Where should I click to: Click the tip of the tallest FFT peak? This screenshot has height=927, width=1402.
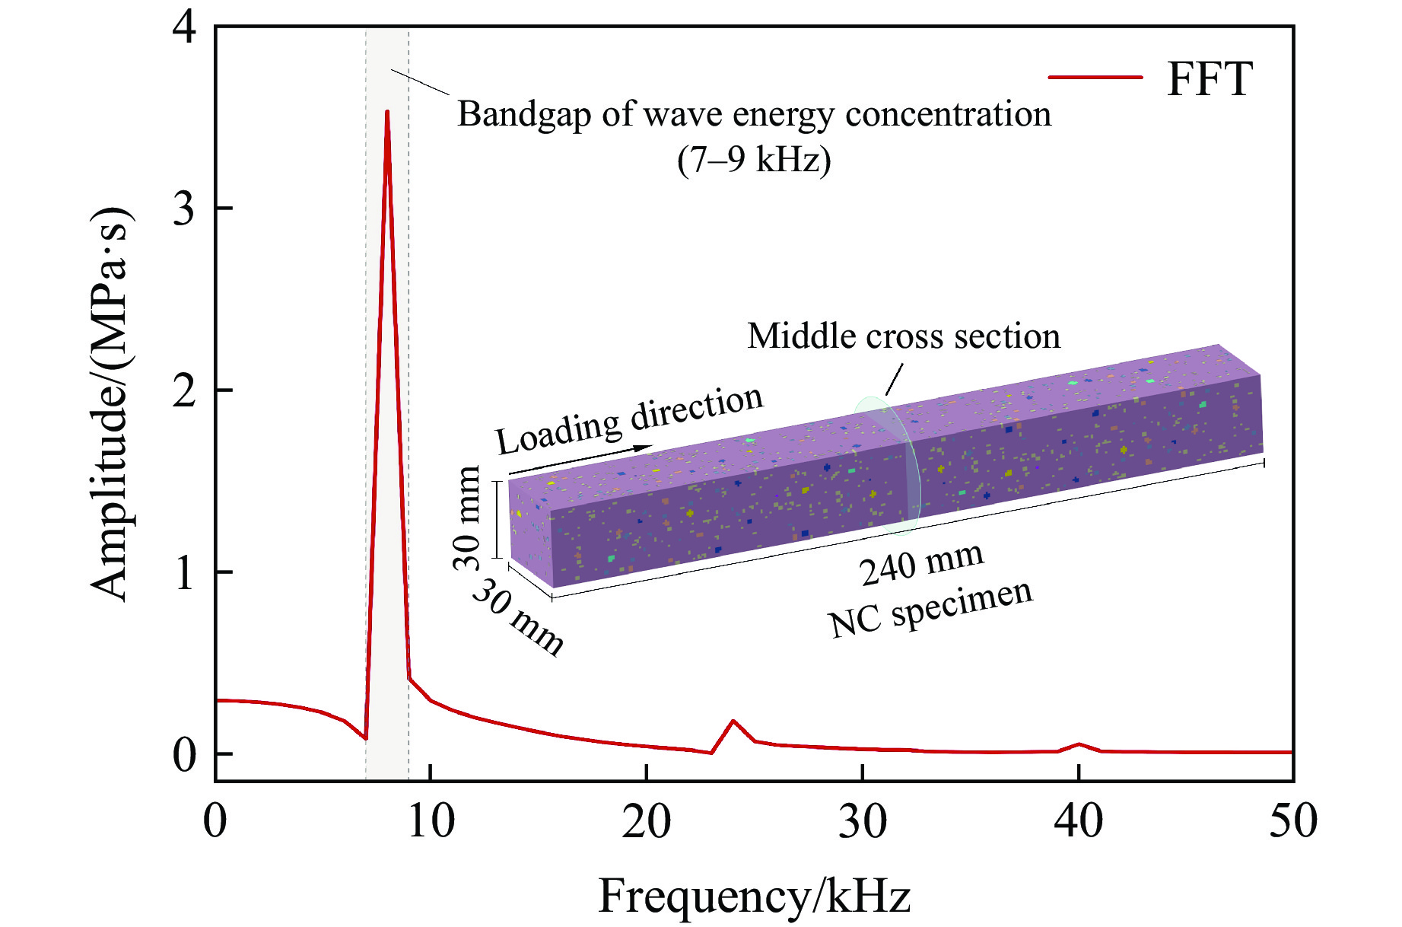click(387, 113)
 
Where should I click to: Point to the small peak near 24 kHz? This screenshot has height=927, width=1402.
click(733, 721)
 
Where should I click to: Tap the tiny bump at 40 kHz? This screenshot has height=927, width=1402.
click(1079, 744)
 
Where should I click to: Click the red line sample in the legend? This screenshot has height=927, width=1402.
click(1095, 78)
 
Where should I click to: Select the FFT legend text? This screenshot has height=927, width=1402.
click(1210, 79)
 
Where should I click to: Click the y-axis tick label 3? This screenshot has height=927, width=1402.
click(184, 209)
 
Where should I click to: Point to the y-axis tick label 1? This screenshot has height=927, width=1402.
click(184, 572)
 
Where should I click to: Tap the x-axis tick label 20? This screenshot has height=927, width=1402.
click(646, 822)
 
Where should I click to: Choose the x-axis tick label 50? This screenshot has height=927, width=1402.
click(1292, 822)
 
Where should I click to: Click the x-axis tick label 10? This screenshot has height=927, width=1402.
click(431, 822)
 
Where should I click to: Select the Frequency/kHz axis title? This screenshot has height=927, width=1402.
click(754, 896)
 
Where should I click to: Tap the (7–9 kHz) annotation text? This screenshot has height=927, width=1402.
click(754, 160)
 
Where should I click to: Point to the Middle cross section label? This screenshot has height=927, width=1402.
click(904, 336)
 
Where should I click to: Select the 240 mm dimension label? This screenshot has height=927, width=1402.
click(922, 564)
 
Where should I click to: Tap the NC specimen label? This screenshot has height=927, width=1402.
click(930, 609)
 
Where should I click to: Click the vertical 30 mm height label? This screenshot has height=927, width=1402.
click(467, 518)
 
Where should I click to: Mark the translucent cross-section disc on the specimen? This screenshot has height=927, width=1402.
click(887, 464)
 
